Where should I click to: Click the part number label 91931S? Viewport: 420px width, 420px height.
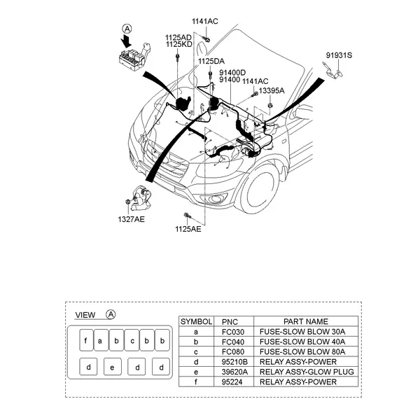point(339,54)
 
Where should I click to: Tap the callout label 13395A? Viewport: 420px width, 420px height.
point(270,90)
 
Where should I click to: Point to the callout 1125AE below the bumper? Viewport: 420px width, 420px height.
point(188,229)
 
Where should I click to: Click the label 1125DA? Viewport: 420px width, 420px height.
point(211,62)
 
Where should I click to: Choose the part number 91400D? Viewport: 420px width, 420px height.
point(232,72)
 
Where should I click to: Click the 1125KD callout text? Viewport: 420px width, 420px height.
point(178,44)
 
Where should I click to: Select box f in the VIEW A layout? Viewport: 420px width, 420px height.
point(85,342)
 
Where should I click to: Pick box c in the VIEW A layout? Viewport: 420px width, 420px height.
point(132,342)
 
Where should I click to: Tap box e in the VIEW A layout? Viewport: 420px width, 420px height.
point(112,366)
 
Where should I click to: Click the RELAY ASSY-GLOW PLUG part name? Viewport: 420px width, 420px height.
point(307,372)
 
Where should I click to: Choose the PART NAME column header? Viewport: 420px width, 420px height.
point(307,321)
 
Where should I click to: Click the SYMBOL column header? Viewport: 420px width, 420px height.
point(196,321)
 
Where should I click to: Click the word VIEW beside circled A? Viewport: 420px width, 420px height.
point(85,315)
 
